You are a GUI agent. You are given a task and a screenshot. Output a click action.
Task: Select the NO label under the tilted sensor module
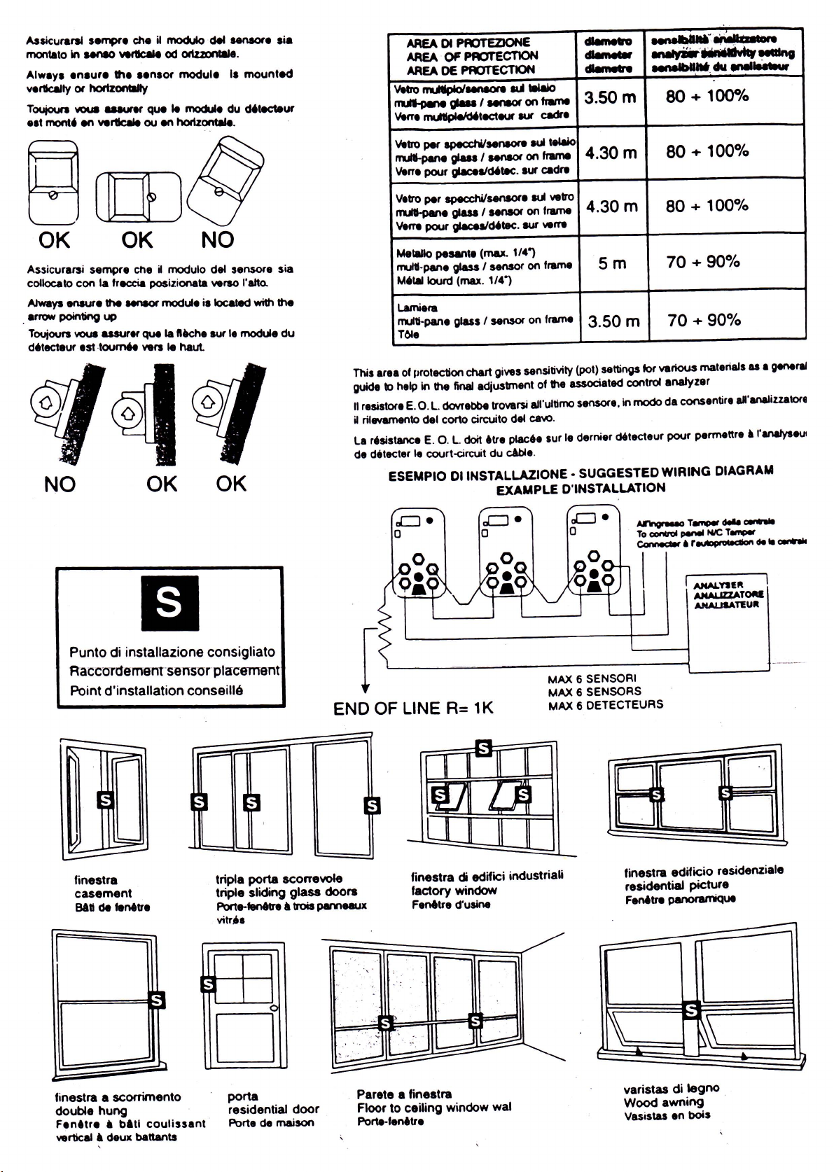(217, 240)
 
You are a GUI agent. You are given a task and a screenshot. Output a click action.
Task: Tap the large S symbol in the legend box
(169, 602)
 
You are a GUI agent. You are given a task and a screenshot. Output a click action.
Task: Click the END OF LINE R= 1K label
(413, 709)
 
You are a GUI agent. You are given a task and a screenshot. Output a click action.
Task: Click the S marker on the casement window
(105, 799)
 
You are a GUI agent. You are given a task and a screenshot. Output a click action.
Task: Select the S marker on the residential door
(208, 984)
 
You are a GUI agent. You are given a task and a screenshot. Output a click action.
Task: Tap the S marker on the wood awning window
(691, 1010)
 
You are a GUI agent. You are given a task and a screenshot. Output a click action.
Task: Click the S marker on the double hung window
(158, 1000)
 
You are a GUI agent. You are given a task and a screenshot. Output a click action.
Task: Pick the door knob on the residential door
(274, 1008)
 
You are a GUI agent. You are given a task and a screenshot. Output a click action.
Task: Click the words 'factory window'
(454, 891)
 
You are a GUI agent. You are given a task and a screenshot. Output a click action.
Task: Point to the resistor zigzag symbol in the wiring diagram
(383, 632)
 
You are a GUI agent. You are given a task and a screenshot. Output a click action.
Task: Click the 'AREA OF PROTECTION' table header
(472, 56)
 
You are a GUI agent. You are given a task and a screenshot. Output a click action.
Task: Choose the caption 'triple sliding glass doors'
(286, 892)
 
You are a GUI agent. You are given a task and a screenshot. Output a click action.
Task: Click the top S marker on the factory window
(482, 748)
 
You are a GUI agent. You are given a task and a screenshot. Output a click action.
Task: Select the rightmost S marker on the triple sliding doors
(373, 806)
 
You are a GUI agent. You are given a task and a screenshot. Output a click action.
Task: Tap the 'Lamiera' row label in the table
(417, 308)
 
